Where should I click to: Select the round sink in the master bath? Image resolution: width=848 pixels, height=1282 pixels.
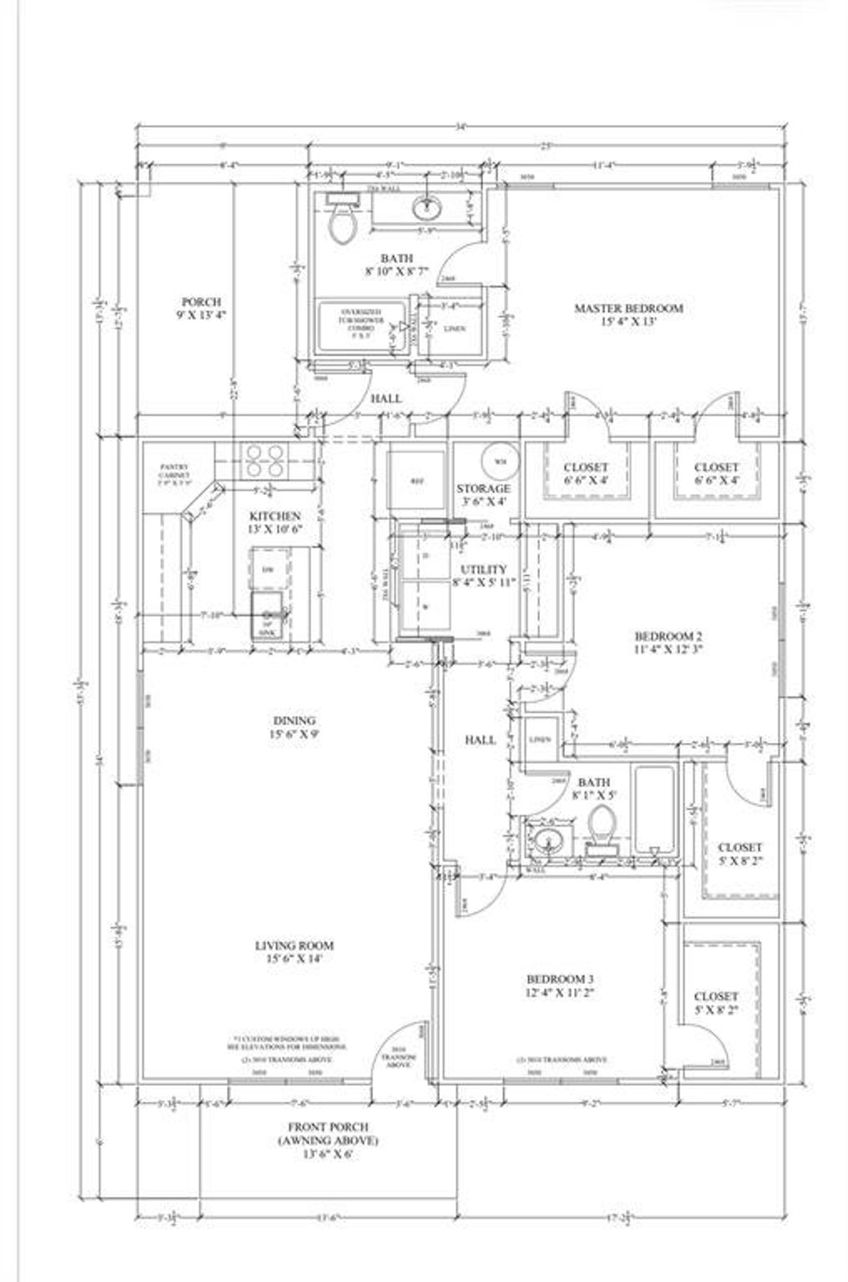click(x=427, y=209)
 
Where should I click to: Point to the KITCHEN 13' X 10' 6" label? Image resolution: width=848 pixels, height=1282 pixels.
click(x=275, y=522)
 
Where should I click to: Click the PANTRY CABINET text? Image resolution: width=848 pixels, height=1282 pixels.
click(x=175, y=471)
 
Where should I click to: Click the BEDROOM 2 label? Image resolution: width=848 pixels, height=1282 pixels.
click(x=668, y=642)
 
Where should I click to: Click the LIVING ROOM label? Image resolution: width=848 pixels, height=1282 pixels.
click(x=294, y=951)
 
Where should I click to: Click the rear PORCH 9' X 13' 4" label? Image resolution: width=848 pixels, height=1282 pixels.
click(x=202, y=308)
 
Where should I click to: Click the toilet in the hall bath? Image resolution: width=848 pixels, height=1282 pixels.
click(x=602, y=826)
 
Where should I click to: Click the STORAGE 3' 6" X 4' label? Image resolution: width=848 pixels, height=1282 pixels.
click(x=483, y=495)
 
